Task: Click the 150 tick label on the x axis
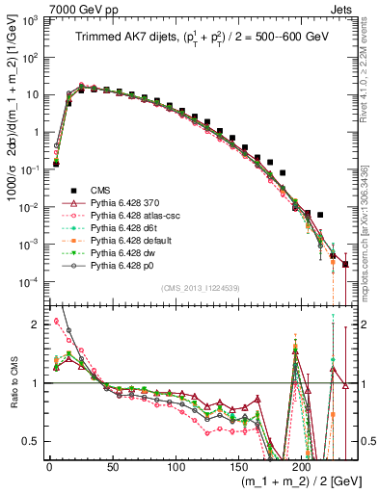[239, 466]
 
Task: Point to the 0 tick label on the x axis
[49, 466]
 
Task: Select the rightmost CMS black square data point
[345, 265]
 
